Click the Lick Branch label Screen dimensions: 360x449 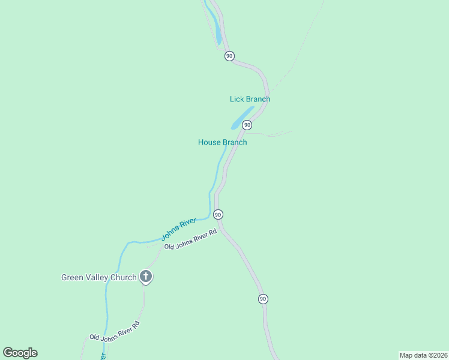tap(250, 99)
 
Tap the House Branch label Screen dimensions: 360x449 tap(222, 142)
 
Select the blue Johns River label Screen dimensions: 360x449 tap(178, 230)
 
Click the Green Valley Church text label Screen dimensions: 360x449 tap(99, 277)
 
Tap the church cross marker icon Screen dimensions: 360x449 tap(145, 277)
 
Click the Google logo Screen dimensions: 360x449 tap(20, 353)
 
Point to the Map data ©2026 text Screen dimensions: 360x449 tap(423, 355)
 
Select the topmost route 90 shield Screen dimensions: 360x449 tap(229, 56)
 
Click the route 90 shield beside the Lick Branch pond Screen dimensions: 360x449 tap(247, 125)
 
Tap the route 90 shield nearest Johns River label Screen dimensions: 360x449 tap(218, 214)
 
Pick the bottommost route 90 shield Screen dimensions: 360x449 tap(263, 299)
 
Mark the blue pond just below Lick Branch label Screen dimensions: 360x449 tap(242, 118)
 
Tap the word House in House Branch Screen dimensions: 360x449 tap(209, 142)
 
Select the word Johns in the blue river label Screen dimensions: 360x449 tap(170, 234)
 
